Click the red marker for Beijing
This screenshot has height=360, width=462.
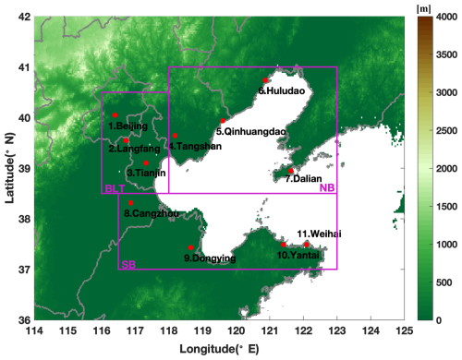115,115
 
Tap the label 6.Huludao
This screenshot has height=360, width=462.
276,91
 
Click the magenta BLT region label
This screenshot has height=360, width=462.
115,188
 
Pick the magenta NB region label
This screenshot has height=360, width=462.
326,188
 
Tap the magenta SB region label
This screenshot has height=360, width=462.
129,264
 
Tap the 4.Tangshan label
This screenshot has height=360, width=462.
188,146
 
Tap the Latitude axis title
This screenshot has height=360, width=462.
8,168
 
